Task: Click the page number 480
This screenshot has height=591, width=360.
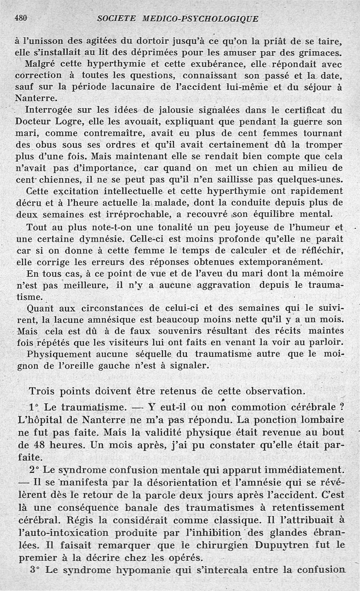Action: click(22, 18)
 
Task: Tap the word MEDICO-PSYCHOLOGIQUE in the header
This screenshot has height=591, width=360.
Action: click(201, 19)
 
